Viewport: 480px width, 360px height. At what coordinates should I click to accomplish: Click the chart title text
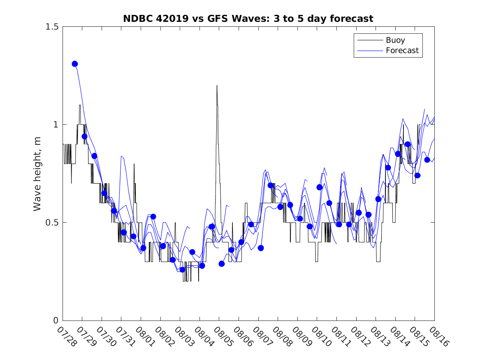[248, 19]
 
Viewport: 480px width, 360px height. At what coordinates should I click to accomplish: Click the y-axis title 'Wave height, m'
[37, 173]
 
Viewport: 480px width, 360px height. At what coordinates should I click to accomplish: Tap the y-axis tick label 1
[56, 125]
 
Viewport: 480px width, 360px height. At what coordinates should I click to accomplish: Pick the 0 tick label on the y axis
[56, 321]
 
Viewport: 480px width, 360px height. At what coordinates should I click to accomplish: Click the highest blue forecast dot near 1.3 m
[75, 64]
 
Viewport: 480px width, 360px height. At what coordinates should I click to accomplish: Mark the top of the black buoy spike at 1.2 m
[217, 86]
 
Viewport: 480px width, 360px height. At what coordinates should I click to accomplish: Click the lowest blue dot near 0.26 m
[182, 269]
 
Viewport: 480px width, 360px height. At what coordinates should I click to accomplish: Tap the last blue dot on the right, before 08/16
[427, 160]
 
